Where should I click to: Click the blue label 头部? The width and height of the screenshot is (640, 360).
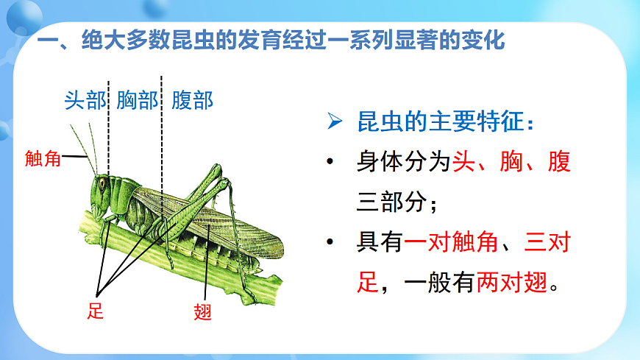pos(85,100)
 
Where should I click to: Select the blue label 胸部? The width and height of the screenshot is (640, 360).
pos(137,100)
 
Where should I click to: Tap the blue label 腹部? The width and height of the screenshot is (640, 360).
pos(192,100)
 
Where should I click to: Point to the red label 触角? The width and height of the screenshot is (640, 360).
pos(43,158)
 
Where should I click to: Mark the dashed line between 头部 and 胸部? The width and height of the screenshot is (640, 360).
pos(109,125)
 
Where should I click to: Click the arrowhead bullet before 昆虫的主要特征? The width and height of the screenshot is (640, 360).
pos(335,122)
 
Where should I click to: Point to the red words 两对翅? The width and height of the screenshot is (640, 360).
pos(512,282)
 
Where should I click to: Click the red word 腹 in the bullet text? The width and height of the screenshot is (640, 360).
pos(558,162)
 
